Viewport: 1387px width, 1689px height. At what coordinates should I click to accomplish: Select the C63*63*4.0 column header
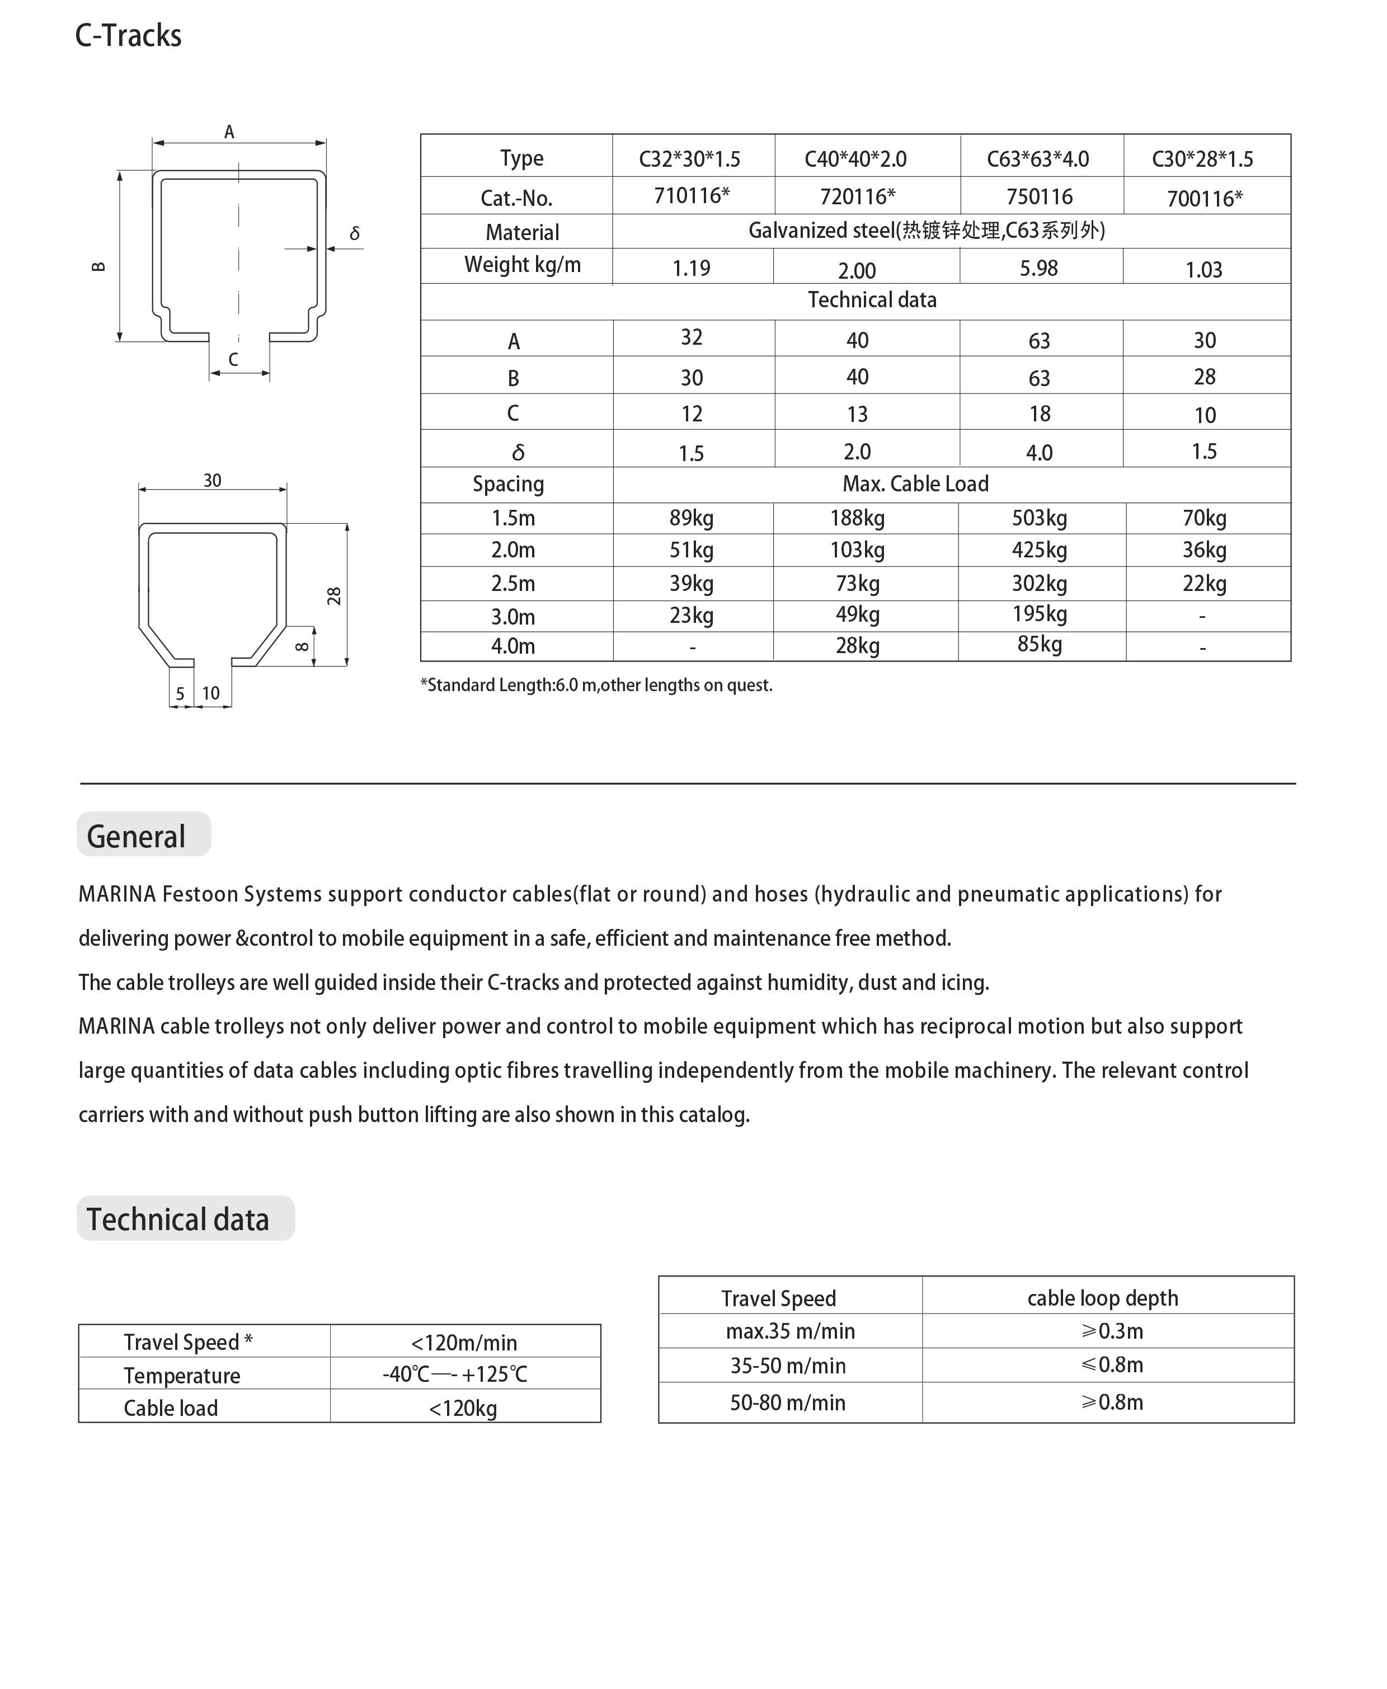(x=1038, y=159)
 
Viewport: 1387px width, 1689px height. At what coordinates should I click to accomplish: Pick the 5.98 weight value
(x=1038, y=269)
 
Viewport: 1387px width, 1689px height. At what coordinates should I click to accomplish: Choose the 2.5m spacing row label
(x=513, y=583)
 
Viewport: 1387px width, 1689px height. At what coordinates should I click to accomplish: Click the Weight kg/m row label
(x=523, y=265)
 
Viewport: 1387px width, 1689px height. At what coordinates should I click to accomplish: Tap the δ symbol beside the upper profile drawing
(x=355, y=233)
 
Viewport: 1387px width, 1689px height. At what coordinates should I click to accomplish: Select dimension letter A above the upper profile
(x=229, y=132)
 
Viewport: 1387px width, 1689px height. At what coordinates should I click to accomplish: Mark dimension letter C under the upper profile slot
(x=233, y=359)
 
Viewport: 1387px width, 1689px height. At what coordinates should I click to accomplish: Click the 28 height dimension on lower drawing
(x=334, y=596)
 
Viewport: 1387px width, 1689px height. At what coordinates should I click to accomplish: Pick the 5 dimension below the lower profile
(x=180, y=693)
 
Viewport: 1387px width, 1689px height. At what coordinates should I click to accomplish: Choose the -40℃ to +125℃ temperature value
(x=455, y=1374)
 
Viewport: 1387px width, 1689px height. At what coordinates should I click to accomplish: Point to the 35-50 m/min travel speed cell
(x=788, y=1366)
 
